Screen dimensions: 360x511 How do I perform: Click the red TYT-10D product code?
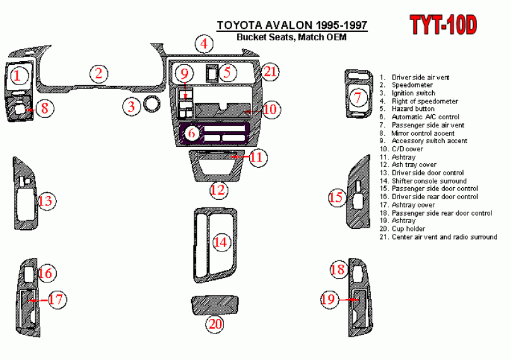(444, 25)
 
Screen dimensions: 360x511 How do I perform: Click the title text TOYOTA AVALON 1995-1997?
(292, 26)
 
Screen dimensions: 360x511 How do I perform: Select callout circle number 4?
(204, 44)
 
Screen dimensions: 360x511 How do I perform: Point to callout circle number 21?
(271, 72)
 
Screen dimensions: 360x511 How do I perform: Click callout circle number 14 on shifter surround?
(220, 241)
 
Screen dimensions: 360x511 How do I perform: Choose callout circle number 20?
(216, 324)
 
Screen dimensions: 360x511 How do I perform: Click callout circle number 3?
(131, 106)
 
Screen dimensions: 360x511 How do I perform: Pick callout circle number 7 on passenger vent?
(358, 98)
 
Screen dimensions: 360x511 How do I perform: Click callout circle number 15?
(336, 198)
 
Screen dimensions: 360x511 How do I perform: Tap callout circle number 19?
(329, 300)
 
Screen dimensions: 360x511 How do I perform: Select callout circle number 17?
(57, 299)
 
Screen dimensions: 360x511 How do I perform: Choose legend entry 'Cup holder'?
(408, 229)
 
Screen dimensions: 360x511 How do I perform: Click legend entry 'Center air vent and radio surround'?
(444, 237)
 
